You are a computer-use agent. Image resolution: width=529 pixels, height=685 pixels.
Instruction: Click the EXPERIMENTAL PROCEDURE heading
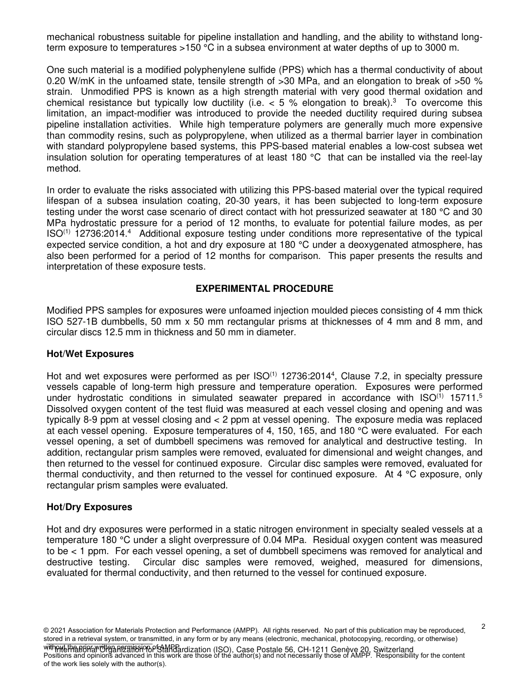pos(264,288)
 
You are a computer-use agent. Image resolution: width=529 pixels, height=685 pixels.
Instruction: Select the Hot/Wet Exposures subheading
pos(90,354)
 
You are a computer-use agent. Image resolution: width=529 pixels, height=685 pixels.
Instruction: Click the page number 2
pos(483,627)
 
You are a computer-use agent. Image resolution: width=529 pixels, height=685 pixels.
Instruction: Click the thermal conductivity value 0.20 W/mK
pos(72,80)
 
